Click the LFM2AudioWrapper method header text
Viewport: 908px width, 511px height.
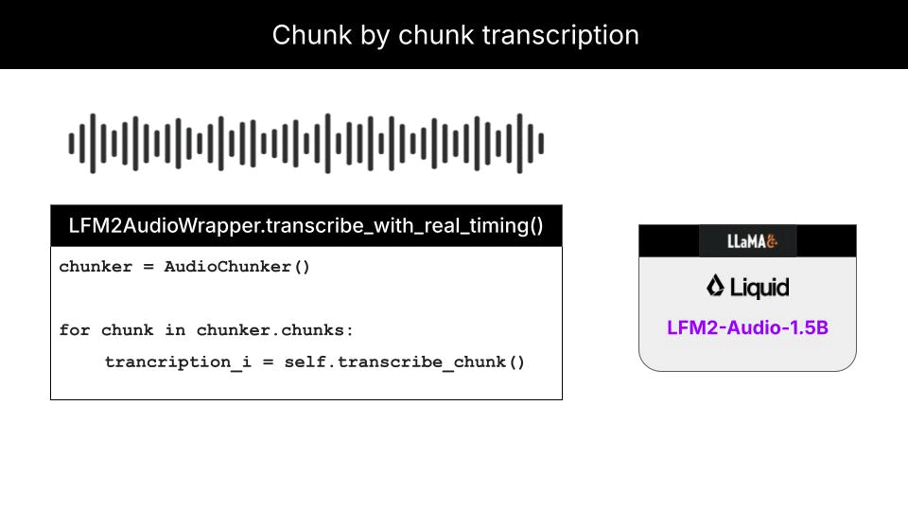pos(306,226)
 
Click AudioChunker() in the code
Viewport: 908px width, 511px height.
pos(237,267)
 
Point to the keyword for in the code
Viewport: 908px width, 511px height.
pos(75,330)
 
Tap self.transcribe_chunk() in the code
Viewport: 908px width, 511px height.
pos(405,362)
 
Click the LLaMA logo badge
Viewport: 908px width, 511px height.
pos(747,240)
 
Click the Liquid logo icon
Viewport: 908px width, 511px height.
pos(716,286)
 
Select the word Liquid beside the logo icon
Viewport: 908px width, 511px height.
pos(760,287)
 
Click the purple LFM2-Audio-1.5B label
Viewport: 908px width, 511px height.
pos(747,328)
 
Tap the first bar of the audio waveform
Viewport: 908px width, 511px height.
pos(71,144)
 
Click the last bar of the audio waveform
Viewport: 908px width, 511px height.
pos(541,144)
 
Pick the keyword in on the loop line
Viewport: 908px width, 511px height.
pos(180,330)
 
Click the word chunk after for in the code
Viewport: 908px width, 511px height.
pos(127,330)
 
